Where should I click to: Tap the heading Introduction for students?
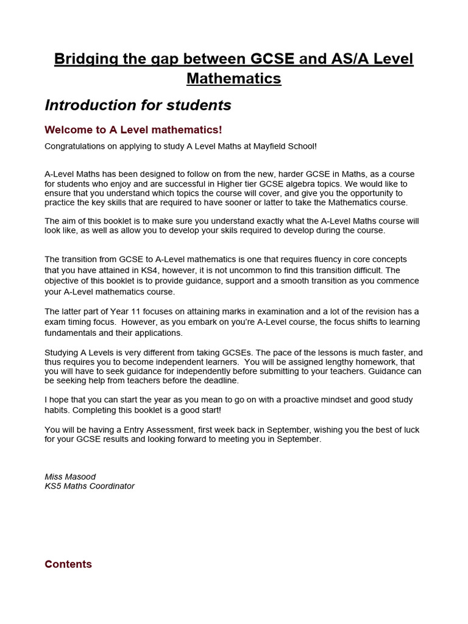pyautogui.click(x=138, y=105)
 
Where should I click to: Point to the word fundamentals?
pyautogui.click(x=70, y=333)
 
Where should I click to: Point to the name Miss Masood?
pyautogui.click(x=70, y=477)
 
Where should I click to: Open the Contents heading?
pyautogui.click(x=68, y=564)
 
